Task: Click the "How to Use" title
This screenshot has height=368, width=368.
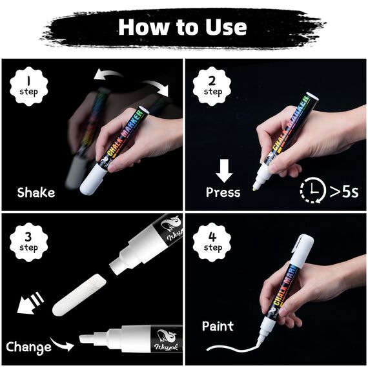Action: point(183,26)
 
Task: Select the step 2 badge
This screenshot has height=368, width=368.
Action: point(212,85)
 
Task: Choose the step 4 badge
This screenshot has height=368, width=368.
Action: point(212,241)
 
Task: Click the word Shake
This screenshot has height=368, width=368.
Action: point(36,192)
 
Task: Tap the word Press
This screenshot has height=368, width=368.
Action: point(223,192)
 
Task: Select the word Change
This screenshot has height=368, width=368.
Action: point(28,347)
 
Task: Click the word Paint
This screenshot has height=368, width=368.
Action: point(218,326)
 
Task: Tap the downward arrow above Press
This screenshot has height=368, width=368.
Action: point(225,171)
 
